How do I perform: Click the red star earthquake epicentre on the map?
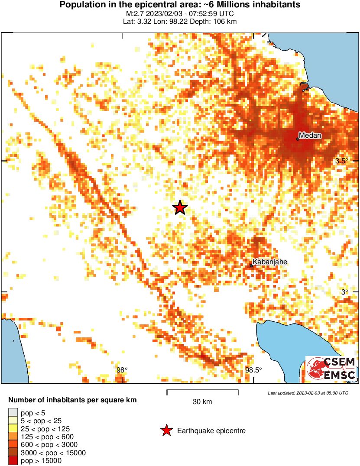[180, 208]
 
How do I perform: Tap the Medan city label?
[310, 136]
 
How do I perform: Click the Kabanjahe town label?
[270, 262]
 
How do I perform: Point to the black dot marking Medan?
[298, 139]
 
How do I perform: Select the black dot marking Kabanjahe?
[252, 265]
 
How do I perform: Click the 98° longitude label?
[123, 370]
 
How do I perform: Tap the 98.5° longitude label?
[253, 370]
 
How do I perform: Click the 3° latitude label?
[344, 292]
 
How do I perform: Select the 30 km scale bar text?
[202, 402]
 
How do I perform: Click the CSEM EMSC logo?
[331, 369]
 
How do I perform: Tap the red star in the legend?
[166, 430]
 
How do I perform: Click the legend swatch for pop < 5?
[13, 413]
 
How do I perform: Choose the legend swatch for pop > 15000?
[13, 460]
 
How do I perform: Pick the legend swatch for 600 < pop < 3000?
[13, 444]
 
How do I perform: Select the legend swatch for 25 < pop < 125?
[13, 428]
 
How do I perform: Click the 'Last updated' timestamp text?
[308, 393]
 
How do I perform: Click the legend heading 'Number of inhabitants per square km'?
[73, 400]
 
